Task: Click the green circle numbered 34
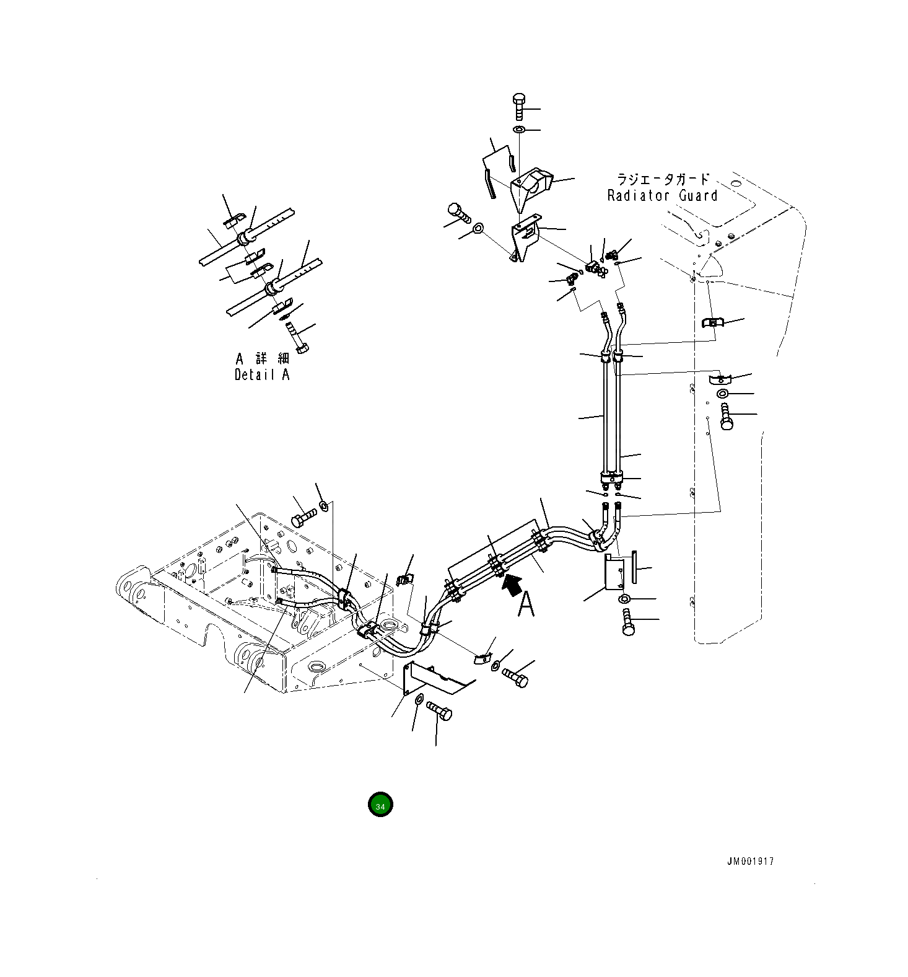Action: point(380,805)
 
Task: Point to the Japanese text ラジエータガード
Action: point(662,180)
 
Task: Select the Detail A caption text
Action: point(261,374)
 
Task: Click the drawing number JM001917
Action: point(750,861)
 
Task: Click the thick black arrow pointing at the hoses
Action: point(511,585)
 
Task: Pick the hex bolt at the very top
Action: point(519,108)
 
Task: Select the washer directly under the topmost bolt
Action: point(519,130)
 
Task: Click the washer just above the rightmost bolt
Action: point(723,394)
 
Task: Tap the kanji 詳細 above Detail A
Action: point(272,358)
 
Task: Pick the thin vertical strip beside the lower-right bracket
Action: point(633,566)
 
